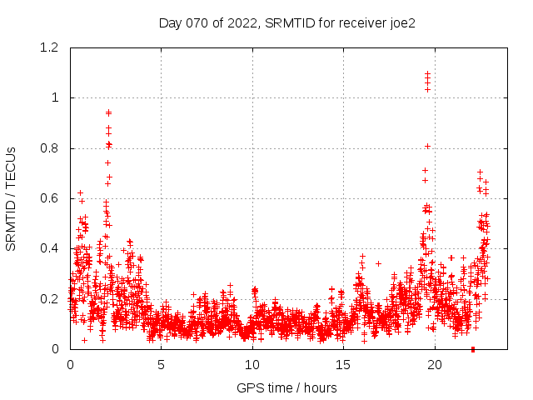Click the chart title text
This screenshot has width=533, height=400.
click(286, 23)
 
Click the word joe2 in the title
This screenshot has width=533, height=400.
click(401, 23)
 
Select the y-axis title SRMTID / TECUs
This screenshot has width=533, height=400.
click(12, 198)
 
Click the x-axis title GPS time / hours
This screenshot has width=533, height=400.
click(286, 387)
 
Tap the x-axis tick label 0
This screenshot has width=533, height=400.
click(70, 364)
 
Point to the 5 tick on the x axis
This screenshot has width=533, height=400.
click(162, 364)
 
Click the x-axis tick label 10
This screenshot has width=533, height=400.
click(252, 364)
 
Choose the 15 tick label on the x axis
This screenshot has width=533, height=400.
click(344, 364)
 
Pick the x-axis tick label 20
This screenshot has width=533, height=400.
click(435, 364)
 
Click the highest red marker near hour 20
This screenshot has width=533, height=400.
click(427, 73)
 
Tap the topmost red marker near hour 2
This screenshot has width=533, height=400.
click(108, 112)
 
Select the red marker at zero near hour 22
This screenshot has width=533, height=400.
click(472, 348)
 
